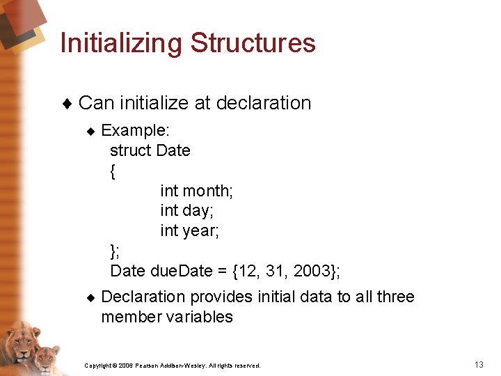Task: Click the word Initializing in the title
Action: (122, 43)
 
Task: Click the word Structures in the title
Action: (253, 43)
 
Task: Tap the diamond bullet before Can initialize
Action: (67, 104)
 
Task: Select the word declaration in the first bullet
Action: (264, 103)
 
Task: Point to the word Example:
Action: (136, 130)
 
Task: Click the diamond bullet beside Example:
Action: (90, 131)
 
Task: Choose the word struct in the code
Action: (131, 150)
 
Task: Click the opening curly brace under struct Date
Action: (113, 171)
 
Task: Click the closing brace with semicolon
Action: (115, 250)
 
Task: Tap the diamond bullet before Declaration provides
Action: (90, 297)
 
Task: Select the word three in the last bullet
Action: (395, 297)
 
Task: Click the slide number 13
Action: (479, 365)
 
